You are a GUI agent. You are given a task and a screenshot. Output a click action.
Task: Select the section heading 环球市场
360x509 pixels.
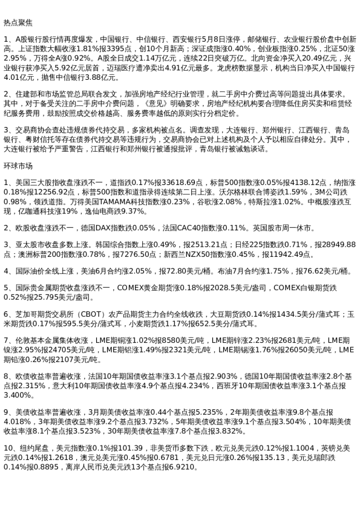pyautogui.click(x=18, y=165)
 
